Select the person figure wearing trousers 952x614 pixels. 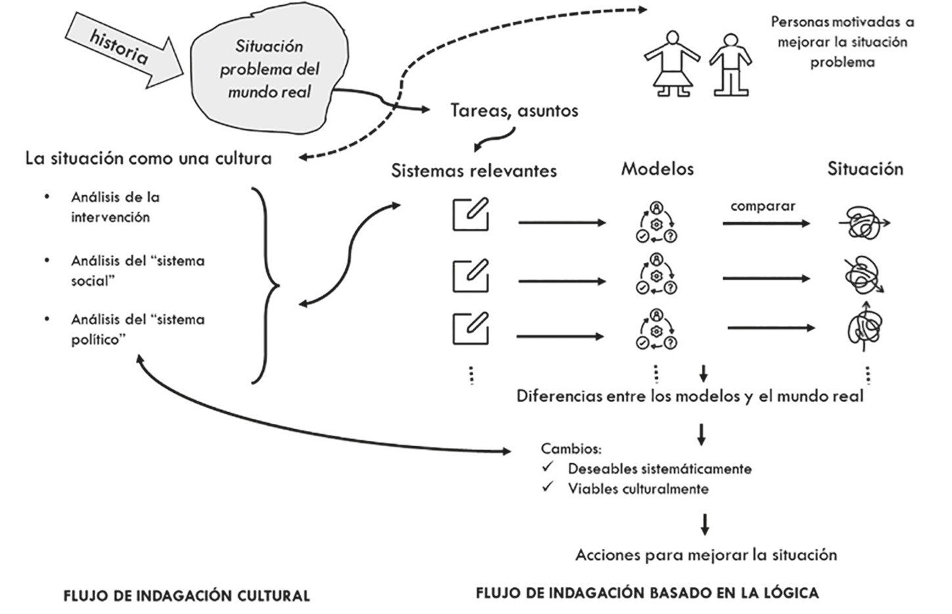(729, 64)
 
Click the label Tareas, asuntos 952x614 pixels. (514, 110)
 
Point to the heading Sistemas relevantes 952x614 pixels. (473, 171)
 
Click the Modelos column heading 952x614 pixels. (657, 169)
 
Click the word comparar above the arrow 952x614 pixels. (762, 206)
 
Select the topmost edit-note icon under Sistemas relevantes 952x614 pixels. (471, 214)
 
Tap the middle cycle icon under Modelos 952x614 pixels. (656, 273)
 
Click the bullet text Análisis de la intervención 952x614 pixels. (115, 207)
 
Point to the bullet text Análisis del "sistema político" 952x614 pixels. (137, 329)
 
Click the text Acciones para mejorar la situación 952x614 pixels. (706, 555)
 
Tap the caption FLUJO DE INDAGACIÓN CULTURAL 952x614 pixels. (186, 596)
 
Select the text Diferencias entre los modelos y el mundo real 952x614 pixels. (689, 396)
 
